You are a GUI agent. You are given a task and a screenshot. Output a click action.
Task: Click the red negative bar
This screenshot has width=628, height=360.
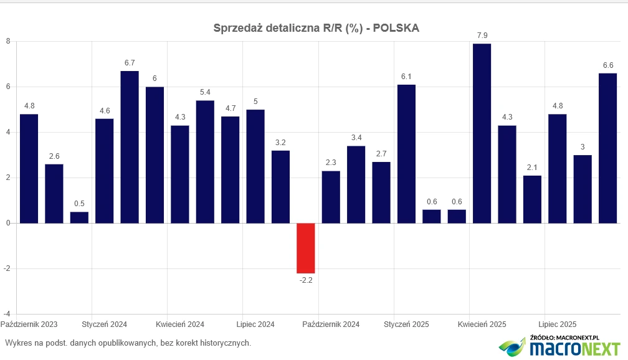tap(305, 248)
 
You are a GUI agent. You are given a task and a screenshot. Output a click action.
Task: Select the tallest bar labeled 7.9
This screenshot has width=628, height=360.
tap(482, 133)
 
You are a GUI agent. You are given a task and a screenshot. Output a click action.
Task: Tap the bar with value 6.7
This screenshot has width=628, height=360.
tap(130, 147)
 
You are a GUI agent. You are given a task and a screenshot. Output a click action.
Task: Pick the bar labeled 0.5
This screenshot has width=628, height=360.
tap(79, 217)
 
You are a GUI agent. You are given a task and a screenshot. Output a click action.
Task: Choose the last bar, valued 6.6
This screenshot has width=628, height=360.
tap(607, 148)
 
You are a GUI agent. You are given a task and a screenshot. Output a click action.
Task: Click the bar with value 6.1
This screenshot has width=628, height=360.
tap(406, 154)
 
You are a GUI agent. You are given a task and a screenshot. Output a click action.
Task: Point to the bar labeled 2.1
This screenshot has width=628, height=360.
tap(532, 199)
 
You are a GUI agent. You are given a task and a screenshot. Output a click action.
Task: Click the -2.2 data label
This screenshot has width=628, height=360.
tap(305, 280)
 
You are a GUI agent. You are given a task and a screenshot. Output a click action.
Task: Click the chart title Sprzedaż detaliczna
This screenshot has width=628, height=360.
tap(316, 28)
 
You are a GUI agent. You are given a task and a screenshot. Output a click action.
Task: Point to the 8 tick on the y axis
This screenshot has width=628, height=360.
tap(8, 42)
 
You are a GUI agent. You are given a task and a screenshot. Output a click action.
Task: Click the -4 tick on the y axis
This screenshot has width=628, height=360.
tap(7, 314)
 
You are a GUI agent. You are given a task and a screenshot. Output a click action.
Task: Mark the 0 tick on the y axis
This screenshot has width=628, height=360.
tap(8, 223)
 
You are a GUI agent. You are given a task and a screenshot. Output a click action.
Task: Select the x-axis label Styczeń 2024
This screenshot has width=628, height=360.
tap(105, 324)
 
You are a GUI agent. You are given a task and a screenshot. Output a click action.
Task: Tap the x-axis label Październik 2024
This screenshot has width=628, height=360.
tap(331, 324)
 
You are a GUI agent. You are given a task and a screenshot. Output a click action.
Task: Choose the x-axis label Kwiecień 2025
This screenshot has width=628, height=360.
tap(482, 324)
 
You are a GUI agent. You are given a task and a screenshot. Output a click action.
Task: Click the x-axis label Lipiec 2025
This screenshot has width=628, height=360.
tap(557, 324)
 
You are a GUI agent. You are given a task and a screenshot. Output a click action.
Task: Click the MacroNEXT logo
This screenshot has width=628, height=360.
tap(561, 346)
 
